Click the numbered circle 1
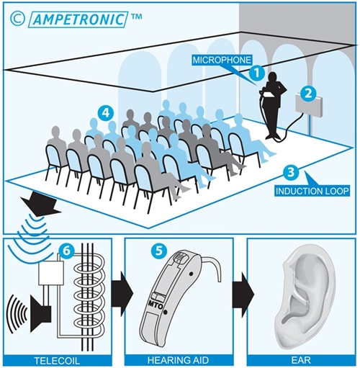[256, 73]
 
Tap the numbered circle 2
[308, 93]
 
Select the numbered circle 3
[290, 172]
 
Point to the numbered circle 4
[105, 113]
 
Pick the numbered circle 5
[158, 251]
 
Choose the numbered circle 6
[66, 251]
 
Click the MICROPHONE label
[222, 60]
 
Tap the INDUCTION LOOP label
[312, 191]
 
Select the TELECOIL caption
[57, 361]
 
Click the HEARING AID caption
[178, 361]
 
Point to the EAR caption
[301, 361]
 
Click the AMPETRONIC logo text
[78, 19]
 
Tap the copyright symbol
[17, 19]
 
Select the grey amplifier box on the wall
[309, 104]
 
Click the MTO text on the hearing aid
[156, 305]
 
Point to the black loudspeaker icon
[40, 314]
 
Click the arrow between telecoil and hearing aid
[122, 294]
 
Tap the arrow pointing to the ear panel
[243, 294]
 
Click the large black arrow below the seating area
[40, 204]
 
